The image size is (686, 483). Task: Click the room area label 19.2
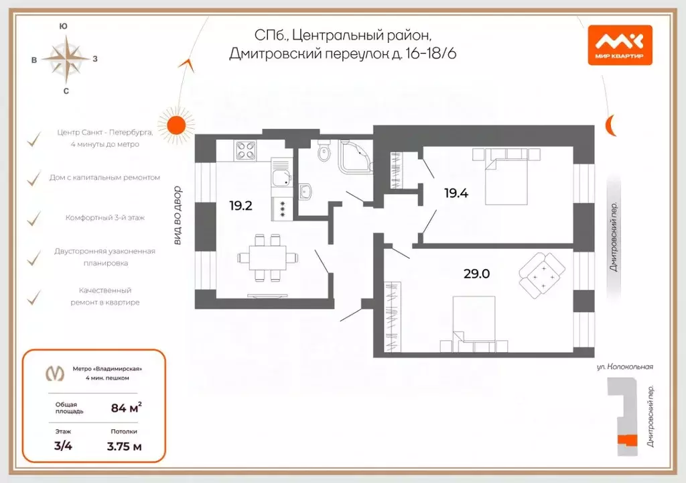pos(241,206)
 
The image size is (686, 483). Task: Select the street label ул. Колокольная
pos(624,367)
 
